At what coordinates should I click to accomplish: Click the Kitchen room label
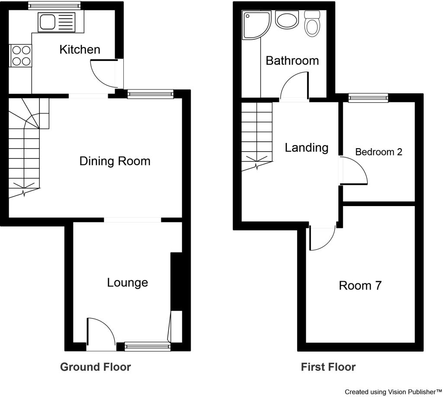(x=80, y=50)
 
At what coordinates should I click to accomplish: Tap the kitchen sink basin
(x=48, y=22)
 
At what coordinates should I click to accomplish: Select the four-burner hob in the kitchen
(x=21, y=56)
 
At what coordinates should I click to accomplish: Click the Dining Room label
(x=115, y=161)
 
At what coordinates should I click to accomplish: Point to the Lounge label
(x=128, y=283)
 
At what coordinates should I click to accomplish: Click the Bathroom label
(x=292, y=60)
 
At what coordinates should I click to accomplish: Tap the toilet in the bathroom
(x=312, y=24)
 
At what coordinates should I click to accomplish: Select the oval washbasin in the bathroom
(x=287, y=20)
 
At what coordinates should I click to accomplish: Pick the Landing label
(x=307, y=148)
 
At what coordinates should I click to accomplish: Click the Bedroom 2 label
(x=379, y=152)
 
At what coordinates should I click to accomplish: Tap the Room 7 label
(x=360, y=286)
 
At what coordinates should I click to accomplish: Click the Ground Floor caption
(x=96, y=367)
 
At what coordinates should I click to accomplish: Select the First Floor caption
(x=328, y=367)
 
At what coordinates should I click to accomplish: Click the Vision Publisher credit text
(x=393, y=392)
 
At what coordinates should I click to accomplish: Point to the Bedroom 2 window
(x=368, y=98)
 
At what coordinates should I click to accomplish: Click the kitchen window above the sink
(x=54, y=6)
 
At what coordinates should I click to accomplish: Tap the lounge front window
(x=148, y=346)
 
